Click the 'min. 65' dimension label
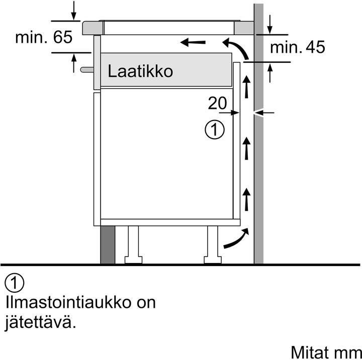(x=44, y=38)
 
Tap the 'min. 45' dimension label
(x=297, y=47)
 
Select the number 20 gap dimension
(x=217, y=103)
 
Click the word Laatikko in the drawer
(x=140, y=71)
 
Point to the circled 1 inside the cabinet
(x=215, y=130)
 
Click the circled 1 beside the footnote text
(x=14, y=283)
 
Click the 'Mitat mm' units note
(x=326, y=352)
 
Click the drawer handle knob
(x=87, y=69)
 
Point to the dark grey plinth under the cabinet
(x=108, y=245)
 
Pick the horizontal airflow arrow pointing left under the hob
(x=193, y=43)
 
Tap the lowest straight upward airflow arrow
(x=246, y=199)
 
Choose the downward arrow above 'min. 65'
(x=73, y=11)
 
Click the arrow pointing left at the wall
(x=264, y=113)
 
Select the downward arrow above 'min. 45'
(x=270, y=24)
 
